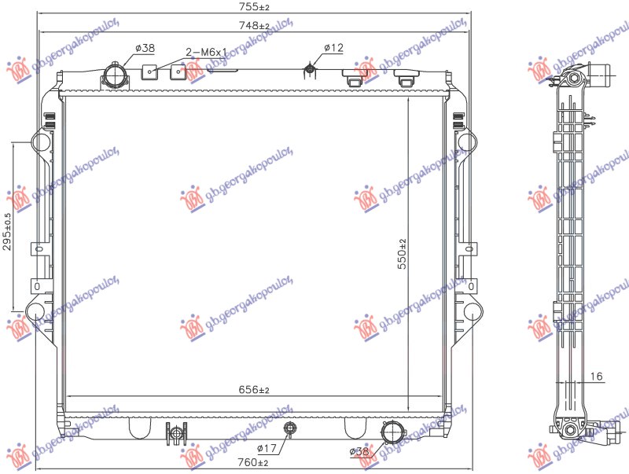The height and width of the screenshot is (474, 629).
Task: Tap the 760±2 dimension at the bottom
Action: (253, 462)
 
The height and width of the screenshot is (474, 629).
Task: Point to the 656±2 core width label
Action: (253, 390)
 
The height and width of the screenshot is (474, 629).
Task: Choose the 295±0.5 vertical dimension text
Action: (9, 230)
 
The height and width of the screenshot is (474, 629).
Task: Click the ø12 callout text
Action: (333, 48)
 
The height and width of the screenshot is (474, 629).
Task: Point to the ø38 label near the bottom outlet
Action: (359, 451)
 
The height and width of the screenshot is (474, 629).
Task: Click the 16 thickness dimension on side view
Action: (596, 377)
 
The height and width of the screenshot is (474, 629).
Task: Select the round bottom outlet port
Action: (391, 432)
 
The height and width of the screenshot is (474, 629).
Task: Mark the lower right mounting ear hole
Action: (471, 312)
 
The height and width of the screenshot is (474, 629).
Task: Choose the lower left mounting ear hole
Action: (35, 312)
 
